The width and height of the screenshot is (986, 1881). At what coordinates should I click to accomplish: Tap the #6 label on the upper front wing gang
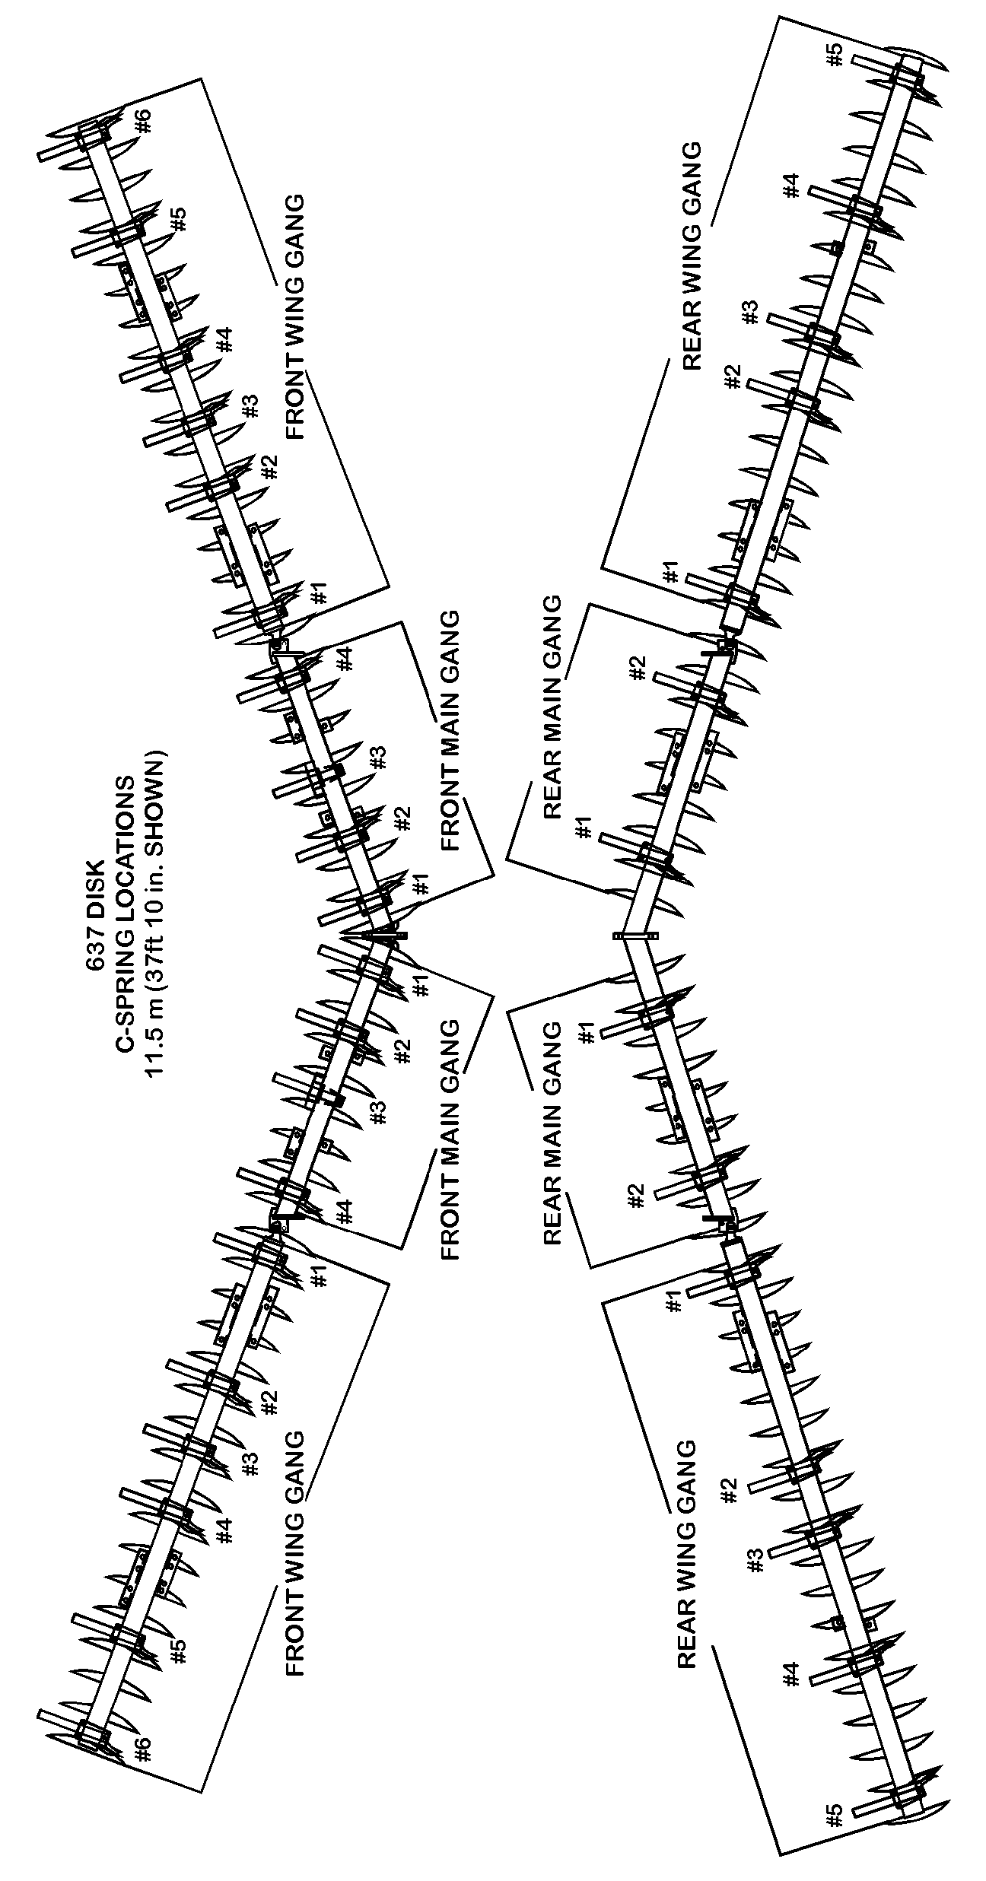[145, 121]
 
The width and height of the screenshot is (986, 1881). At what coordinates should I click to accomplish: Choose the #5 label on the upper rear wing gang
[835, 55]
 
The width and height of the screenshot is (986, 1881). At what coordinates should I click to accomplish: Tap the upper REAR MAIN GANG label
[552, 707]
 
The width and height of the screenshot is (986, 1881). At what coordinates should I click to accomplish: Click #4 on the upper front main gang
[346, 659]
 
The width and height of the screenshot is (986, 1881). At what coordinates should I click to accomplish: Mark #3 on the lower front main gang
[378, 1112]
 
